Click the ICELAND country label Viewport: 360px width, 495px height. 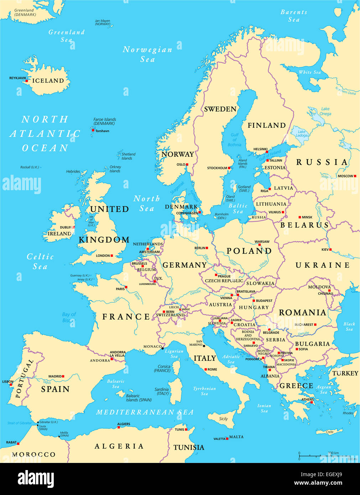pyautogui.click(x=48, y=81)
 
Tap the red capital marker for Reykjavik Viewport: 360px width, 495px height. pyautogui.click(x=26, y=81)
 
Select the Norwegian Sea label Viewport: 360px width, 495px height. pyautogui.click(x=147, y=54)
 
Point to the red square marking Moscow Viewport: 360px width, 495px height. pyautogui.click(x=355, y=176)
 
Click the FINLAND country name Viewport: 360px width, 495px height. pyautogui.click(x=267, y=125)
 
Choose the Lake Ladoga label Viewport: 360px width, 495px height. pyautogui.click(x=301, y=134)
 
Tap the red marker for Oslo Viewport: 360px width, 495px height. pyautogui.click(x=187, y=165)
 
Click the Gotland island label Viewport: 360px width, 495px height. pyautogui.click(x=244, y=188)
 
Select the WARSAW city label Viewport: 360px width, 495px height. pyautogui.click(x=262, y=242)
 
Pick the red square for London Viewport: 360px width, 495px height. pyautogui.click(x=111, y=255)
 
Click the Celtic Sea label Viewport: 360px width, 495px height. pyautogui.click(x=40, y=261)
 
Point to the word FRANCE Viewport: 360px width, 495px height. pyautogui.click(x=126, y=317)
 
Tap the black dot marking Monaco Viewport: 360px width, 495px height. pyautogui.click(x=163, y=348)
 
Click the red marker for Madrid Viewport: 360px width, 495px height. pyautogui.click(x=63, y=376)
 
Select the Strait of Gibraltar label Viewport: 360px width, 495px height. pyautogui.click(x=20, y=423)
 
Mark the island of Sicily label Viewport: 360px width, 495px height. pyautogui.click(x=223, y=419)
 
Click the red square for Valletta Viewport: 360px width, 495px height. pyautogui.click(x=227, y=439)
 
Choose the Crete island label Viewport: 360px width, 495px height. pyautogui.click(x=330, y=432)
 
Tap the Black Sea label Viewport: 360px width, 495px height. pyautogui.click(x=349, y=326)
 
